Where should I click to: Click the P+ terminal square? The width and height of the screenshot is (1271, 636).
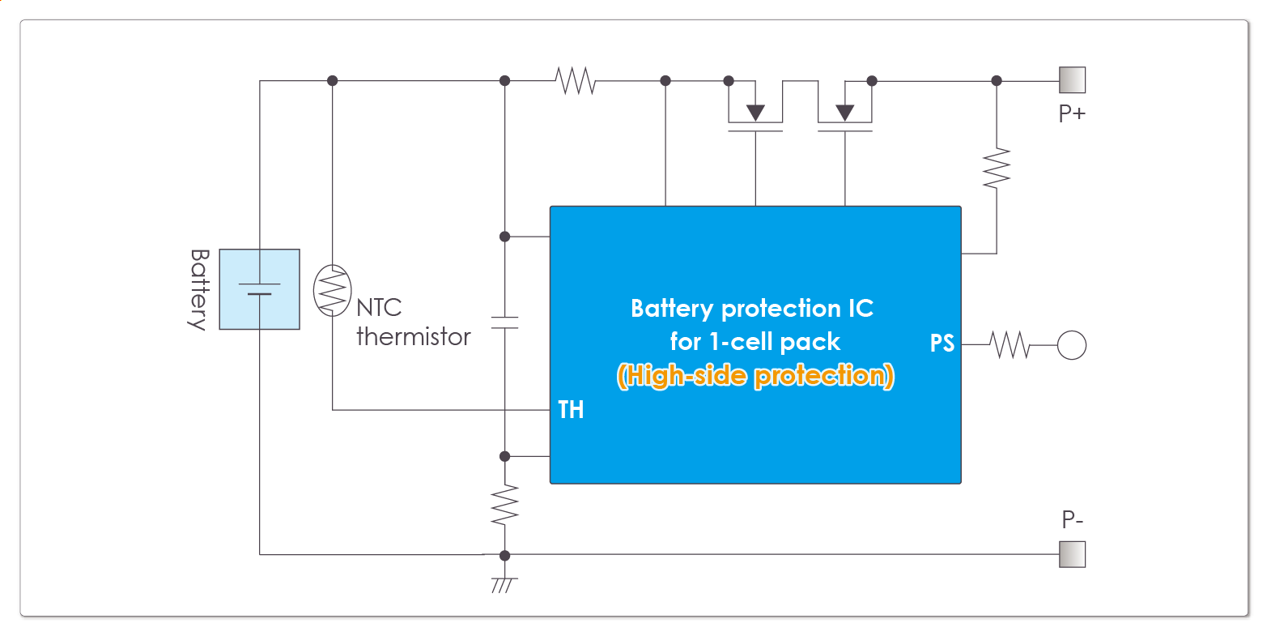click(1072, 80)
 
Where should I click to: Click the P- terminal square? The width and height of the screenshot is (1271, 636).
click(1072, 554)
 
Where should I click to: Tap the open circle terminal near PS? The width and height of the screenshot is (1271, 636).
click(1072, 345)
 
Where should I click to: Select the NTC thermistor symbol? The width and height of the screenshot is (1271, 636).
click(332, 290)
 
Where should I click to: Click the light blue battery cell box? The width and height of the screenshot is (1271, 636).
click(260, 289)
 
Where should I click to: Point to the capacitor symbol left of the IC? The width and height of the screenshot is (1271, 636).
click(504, 322)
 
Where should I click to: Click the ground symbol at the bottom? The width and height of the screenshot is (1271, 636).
click(504, 584)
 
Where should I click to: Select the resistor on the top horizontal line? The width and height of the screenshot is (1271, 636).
click(576, 81)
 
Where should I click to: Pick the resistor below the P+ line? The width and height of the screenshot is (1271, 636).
click(997, 169)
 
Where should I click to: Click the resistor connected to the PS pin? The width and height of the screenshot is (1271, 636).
click(1010, 345)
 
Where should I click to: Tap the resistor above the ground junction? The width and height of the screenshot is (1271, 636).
click(504, 505)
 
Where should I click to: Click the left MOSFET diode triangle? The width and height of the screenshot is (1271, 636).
click(755, 113)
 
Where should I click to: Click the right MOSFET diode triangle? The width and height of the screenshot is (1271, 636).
click(845, 113)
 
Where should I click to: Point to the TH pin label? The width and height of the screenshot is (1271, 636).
click(571, 410)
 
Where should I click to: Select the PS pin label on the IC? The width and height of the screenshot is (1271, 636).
click(942, 344)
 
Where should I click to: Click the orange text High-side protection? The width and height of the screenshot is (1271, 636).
click(755, 376)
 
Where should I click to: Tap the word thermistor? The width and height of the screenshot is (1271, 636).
click(413, 337)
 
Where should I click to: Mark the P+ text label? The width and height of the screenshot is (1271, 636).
click(1072, 113)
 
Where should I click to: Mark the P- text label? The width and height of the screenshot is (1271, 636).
click(1072, 519)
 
